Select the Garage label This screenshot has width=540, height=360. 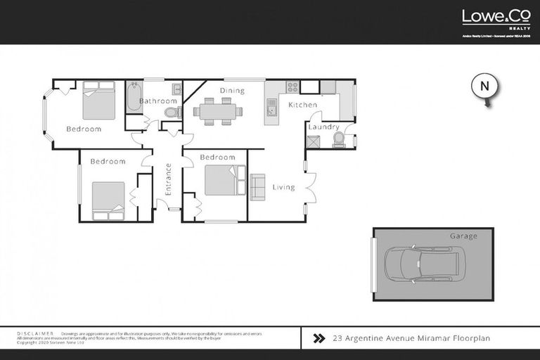coord(463,236)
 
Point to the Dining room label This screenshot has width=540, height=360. coord(232,91)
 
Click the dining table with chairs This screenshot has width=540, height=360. coord(217,111)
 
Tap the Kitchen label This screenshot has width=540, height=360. coord(302,105)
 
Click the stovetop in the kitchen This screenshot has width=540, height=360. coord(292,87)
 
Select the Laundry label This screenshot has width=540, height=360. coord(323,127)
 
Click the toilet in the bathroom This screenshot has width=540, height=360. coord(171,112)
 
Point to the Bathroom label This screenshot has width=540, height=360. coord(157,101)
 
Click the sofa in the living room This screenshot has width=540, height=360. coord(257,186)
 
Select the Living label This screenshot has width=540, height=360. coord(284,187)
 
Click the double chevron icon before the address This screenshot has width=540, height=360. coord(319,338)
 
